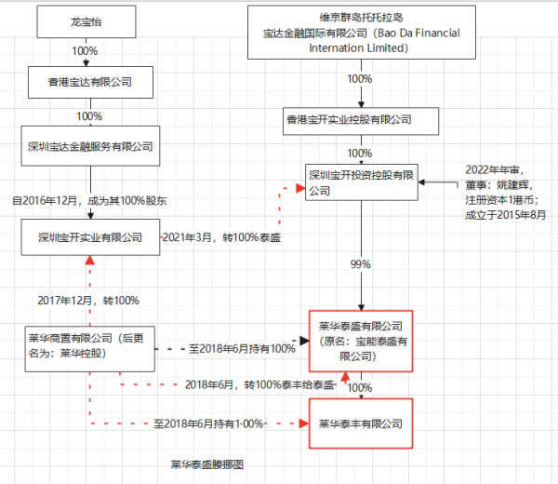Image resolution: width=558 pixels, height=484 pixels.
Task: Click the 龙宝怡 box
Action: pyautogui.click(x=89, y=19)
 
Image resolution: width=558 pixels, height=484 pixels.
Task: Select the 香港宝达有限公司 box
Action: pyautogui.click(x=89, y=82)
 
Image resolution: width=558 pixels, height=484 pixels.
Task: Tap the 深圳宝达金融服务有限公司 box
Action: pyautogui.click(x=89, y=146)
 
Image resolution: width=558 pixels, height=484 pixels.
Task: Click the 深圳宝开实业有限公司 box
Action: pyautogui.click(x=89, y=237)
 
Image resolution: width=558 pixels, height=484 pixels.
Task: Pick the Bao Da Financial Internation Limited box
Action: pyautogui.click(x=360, y=32)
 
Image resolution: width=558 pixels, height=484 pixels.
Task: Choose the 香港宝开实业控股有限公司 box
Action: pyautogui.click(x=360, y=119)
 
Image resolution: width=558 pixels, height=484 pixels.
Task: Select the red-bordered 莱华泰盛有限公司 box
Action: pyautogui.click(x=360, y=341)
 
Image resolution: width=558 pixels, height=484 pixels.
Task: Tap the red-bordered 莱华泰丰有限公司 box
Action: pyautogui.click(x=360, y=423)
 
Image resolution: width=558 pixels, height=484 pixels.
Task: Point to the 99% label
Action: pyautogui.click(x=360, y=264)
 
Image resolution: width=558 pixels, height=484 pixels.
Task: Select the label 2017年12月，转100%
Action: pyautogui.click(x=88, y=300)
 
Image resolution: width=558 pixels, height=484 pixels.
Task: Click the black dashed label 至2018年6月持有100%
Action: pyautogui.click(x=242, y=348)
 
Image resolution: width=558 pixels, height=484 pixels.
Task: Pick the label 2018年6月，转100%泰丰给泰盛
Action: pyautogui.click(x=259, y=383)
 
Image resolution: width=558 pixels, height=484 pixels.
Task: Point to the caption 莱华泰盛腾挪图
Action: pyautogui.click(x=206, y=463)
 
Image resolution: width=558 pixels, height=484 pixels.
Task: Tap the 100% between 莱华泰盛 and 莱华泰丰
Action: pyautogui.click(x=360, y=387)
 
